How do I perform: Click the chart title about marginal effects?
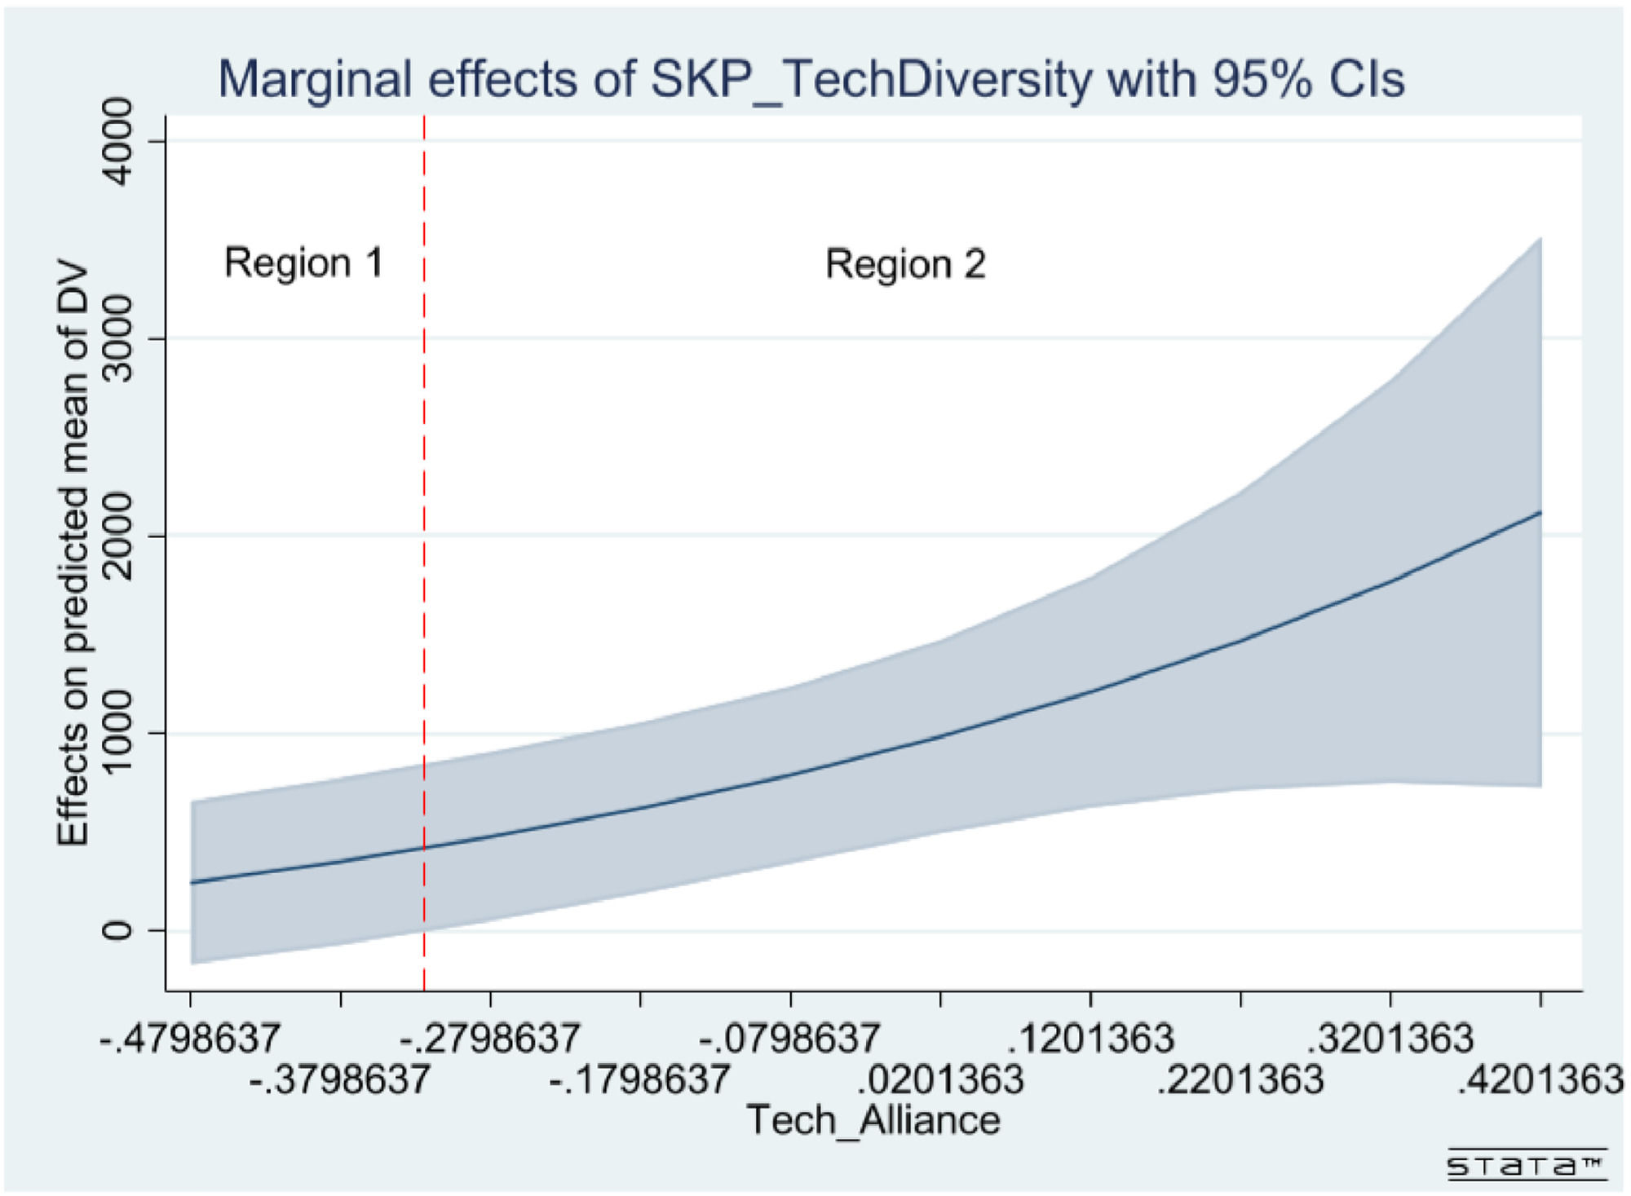(x=811, y=80)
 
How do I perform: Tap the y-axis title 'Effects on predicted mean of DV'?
(x=73, y=554)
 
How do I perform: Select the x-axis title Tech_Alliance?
(x=873, y=1119)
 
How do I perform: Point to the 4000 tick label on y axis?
(x=119, y=142)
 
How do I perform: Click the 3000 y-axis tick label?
(x=119, y=338)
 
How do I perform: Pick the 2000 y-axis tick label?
(x=119, y=536)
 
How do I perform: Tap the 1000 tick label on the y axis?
(x=119, y=733)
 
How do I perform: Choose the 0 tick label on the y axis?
(x=119, y=930)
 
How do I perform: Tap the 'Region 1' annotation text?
(x=303, y=263)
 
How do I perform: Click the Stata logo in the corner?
(x=1526, y=1165)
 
